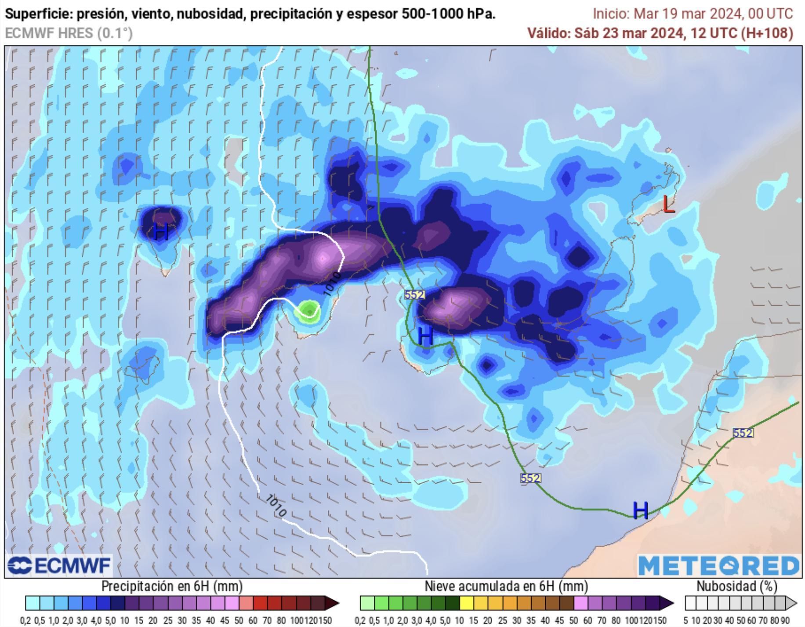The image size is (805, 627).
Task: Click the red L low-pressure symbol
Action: click(668, 204)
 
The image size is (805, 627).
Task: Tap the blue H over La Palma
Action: click(161, 231)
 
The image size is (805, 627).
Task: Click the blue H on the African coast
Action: click(640, 510)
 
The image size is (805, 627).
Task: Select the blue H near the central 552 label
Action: click(425, 336)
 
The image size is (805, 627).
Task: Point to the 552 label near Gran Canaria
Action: click(414, 294)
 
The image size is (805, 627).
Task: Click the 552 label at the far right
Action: click(743, 433)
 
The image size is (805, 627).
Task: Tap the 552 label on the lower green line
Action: click(530, 478)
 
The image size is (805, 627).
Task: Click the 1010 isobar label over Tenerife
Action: click(332, 284)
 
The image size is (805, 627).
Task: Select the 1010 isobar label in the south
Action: click(276, 506)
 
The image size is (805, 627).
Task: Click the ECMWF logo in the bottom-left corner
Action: click(59, 565)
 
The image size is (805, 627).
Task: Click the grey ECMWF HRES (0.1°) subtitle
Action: click(69, 33)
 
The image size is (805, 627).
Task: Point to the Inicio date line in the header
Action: click(693, 14)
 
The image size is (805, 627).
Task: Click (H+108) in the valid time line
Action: click(767, 33)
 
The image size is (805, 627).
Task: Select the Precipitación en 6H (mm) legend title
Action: click(172, 586)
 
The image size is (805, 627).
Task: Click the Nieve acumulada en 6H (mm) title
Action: click(506, 586)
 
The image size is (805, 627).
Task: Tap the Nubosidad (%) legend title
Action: click(736, 586)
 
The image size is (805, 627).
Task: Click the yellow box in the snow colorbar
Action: click(466, 603)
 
